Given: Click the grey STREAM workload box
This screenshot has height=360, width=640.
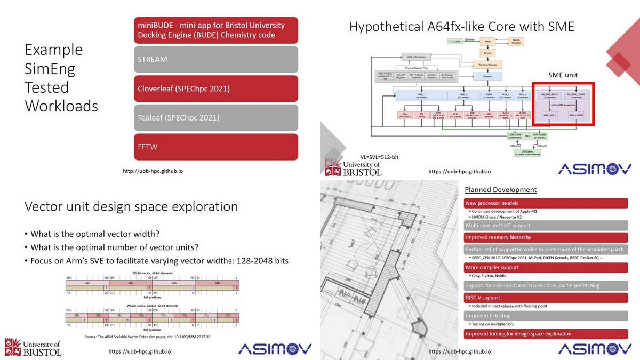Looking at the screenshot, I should tap(215, 59).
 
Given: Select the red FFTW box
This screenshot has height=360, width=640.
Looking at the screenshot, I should tap(215, 147).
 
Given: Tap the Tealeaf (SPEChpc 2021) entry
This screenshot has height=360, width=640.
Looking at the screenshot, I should tap(215, 118).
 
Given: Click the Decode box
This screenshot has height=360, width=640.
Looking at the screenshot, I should tap(486, 53).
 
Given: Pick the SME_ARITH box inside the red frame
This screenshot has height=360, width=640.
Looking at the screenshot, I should tap(550, 115).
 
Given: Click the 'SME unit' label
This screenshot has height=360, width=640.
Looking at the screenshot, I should tap(563, 75).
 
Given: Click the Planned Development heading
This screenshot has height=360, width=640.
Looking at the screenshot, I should tap(500, 190).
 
